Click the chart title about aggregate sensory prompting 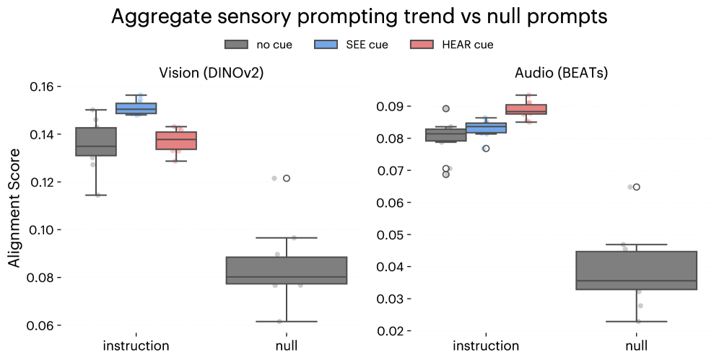[359, 17]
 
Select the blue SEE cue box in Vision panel [136, 108]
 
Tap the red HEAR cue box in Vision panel [176, 140]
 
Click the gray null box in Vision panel [287, 270]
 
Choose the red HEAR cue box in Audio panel [526, 110]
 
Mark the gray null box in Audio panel [636, 270]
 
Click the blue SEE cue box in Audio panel [486, 128]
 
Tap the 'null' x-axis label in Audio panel [636, 346]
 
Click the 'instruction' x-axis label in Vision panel [136, 346]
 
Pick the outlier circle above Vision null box [287, 178]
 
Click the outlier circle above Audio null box [636, 187]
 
